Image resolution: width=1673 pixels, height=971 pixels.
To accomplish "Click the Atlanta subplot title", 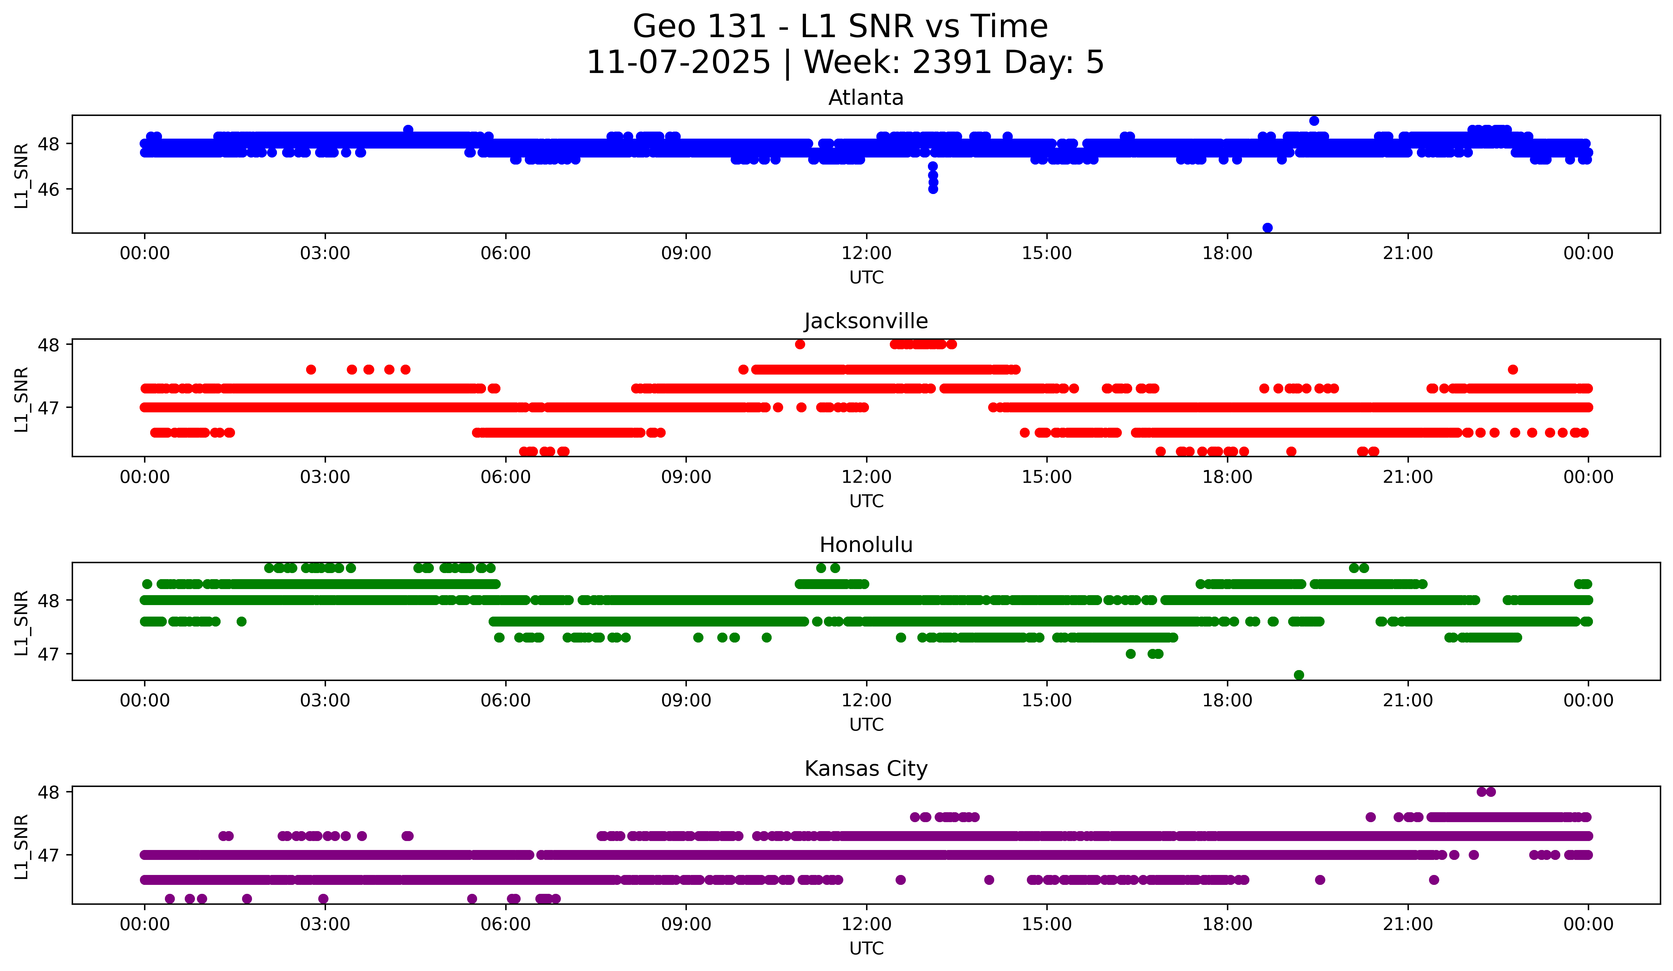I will [866, 98].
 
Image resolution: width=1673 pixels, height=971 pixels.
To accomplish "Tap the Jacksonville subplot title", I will [866, 321].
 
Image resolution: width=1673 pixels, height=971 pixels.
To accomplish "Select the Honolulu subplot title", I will [866, 545].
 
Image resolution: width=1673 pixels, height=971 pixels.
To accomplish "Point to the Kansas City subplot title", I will [866, 769].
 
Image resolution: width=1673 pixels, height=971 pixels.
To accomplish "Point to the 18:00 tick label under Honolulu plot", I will [1227, 701].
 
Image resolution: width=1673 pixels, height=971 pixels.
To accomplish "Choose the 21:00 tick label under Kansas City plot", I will [1408, 925].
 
